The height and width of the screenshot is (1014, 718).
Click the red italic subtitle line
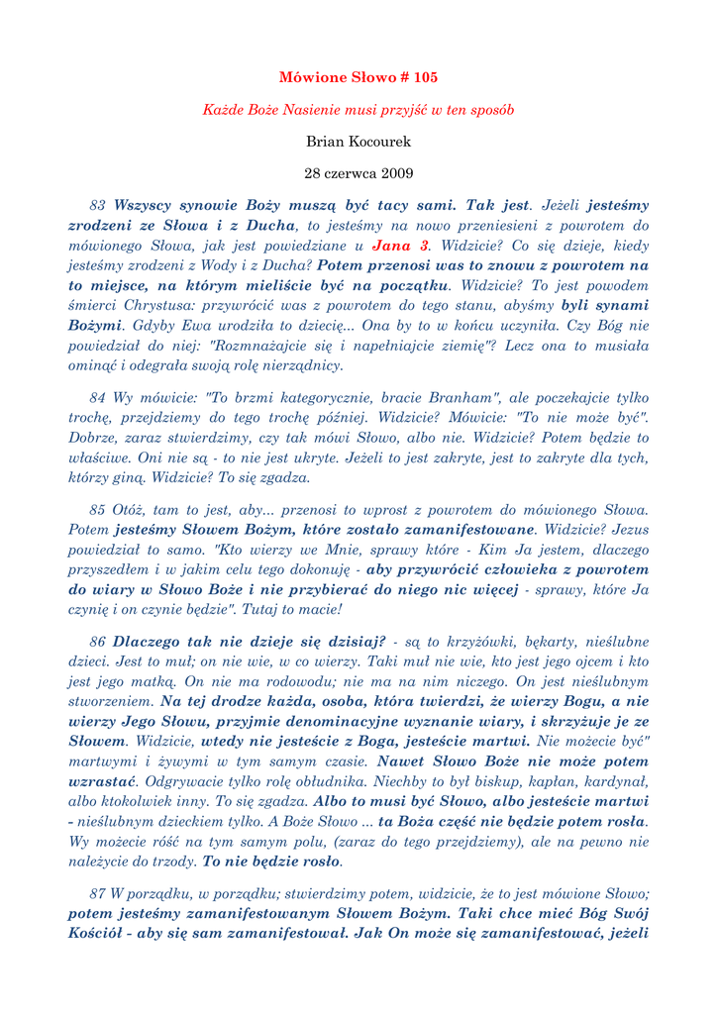(359, 110)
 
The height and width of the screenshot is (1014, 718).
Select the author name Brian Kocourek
(359, 142)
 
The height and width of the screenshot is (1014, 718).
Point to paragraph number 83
(97, 206)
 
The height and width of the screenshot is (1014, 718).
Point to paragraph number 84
(97, 398)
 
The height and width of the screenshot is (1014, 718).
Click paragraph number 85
(97, 510)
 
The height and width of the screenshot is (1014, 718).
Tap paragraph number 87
(97, 893)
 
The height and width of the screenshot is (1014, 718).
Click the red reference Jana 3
(401, 246)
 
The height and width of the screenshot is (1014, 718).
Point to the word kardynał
(617, 782)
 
